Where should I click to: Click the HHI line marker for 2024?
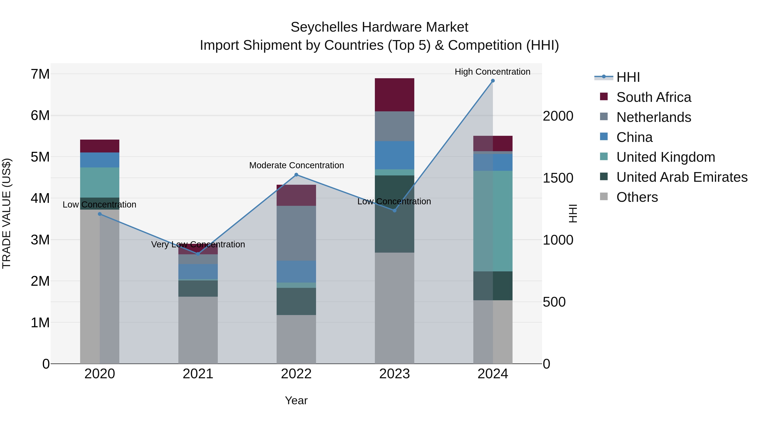pyautogui.click(x=493, y=81)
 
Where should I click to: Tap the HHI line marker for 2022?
pyautogui.click(x=296, y=175)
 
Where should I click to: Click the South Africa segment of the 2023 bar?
pyautogui.click(x=394, y=95)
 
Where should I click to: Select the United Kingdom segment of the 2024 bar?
pyautogui.click(x=493, y=221)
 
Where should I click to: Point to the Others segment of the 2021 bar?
pyautogui.click(x=198, y=330)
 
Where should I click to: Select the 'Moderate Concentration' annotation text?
pyautogui.click(x=296, y=165)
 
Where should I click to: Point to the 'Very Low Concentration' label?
pyautogui.click(x=198, y=244)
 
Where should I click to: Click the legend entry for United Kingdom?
pyautogui.click(x=666, y=157)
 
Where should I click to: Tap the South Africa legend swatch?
pyautogui.click(x=604, y=97)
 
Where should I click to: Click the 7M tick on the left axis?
pyautogui.click(x=40, y=74)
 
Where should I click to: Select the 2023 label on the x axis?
pyautogui.click(x=394, y=374)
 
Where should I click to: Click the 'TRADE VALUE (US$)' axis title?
pyautogui.click(x=7, y=213)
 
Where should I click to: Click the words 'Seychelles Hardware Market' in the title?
pyautogui.click(x=379, y=27)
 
